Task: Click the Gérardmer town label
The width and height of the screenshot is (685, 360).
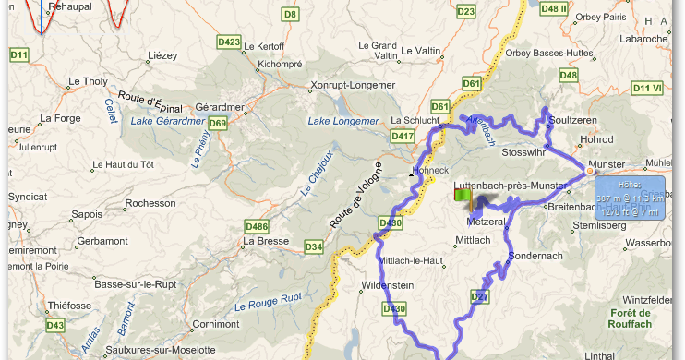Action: click(217, 106)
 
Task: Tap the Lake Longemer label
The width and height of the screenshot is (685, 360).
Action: click(343, 122)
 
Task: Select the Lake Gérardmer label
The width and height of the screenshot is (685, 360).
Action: click(167, 121)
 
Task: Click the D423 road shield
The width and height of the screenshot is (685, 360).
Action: click(229, 42)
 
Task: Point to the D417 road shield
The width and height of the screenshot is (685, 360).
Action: click(403, 136)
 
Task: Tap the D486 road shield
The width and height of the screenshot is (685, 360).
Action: click(257, 226)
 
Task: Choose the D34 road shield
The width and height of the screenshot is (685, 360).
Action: click(314, 246)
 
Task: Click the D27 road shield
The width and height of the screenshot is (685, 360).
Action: click(479, 296)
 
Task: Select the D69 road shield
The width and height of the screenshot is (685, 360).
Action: click(218, 123)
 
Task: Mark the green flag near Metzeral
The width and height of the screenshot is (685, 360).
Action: click(463, 196)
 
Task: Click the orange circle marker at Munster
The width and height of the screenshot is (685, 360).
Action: click(588, 170)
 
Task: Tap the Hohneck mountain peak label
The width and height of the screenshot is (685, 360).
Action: click(431, 171)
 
